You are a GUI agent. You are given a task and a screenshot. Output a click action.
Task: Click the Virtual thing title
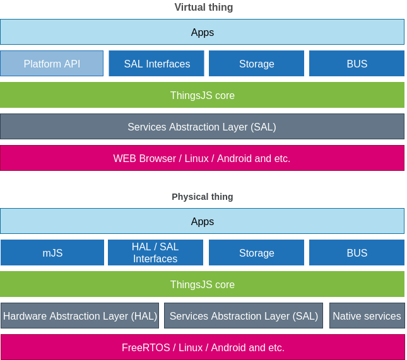tap(203, 8)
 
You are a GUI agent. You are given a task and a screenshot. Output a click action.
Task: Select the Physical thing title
tap(203, 197)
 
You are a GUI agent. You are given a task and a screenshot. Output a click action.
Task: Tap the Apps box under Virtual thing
tap(202, 32)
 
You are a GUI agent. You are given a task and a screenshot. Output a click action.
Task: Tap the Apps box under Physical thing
tap(202, 221)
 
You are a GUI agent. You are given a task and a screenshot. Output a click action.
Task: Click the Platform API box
tap(52, 64)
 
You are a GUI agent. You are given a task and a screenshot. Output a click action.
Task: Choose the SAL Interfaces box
tap(156, 64)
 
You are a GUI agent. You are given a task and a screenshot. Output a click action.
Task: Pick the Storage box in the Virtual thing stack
tap(256, 64)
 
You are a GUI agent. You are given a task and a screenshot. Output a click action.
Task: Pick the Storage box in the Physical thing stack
tap(256, 253)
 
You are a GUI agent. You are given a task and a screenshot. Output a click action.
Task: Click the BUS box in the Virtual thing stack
tap(357, 64)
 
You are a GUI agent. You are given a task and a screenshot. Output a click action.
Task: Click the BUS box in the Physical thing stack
tap(357, 253)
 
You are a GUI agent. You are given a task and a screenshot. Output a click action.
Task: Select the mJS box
tap(52, 253)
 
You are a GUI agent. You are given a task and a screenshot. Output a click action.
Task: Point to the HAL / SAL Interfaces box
tap(155, 253)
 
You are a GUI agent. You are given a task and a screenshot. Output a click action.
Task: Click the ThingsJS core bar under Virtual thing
tap(202, 95)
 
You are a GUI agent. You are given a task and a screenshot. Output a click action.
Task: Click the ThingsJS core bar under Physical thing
tap(202, 284)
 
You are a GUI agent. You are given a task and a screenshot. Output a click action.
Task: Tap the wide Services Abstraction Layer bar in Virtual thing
tap(202, 127)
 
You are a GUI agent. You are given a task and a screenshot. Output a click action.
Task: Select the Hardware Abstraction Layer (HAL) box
tap(80, 316)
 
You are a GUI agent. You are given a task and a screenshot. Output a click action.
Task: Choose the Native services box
tap(367, 316)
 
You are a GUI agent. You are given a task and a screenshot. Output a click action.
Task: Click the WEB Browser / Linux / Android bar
tap(202, 158)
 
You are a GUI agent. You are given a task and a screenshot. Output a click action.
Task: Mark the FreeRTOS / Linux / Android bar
tap(202, 347)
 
